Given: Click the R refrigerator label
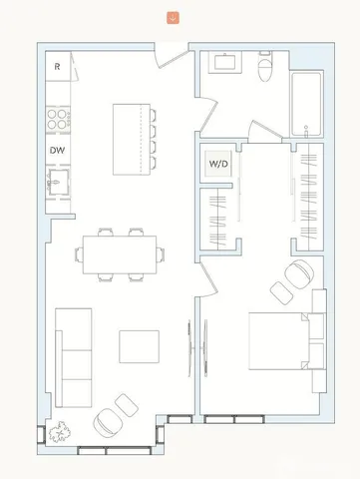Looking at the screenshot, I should click(x=58, y=67).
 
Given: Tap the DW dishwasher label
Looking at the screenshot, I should click(x=58, y=151).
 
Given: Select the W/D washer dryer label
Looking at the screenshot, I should click(x=218, y=164).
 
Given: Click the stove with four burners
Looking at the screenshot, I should click(x=59, y=119).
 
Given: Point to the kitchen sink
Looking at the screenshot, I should click(x=59, y=183).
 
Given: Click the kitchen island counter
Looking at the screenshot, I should click(x=133, y=138).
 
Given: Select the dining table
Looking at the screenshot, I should click(x=120, y=253).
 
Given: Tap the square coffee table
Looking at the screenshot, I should click(x=139, y=345).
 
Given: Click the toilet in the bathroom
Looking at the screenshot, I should click(x=264, y=70).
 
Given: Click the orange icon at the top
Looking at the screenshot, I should click(x=173, y=17).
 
